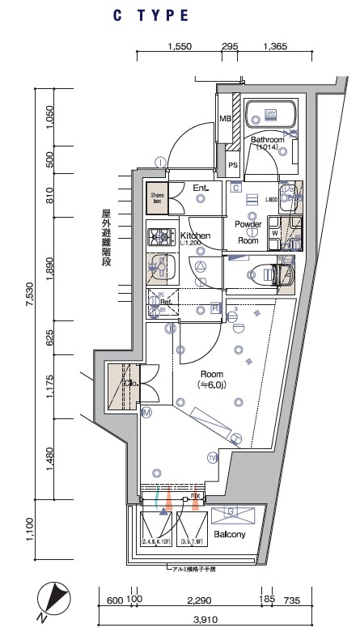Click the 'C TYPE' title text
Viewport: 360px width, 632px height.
pos(151,15)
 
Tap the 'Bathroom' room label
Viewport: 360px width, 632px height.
pos(267,140)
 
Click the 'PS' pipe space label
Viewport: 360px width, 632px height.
pos(233,166)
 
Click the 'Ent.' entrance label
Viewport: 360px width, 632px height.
pos(201,189)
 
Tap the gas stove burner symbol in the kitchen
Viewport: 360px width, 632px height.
pos(157,237)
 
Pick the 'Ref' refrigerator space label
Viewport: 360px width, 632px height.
pos(164,306)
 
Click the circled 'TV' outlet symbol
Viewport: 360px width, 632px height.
pos(213,458)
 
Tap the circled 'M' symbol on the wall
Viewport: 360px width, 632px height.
pos(146,413)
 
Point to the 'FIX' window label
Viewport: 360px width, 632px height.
pos(195,495)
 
